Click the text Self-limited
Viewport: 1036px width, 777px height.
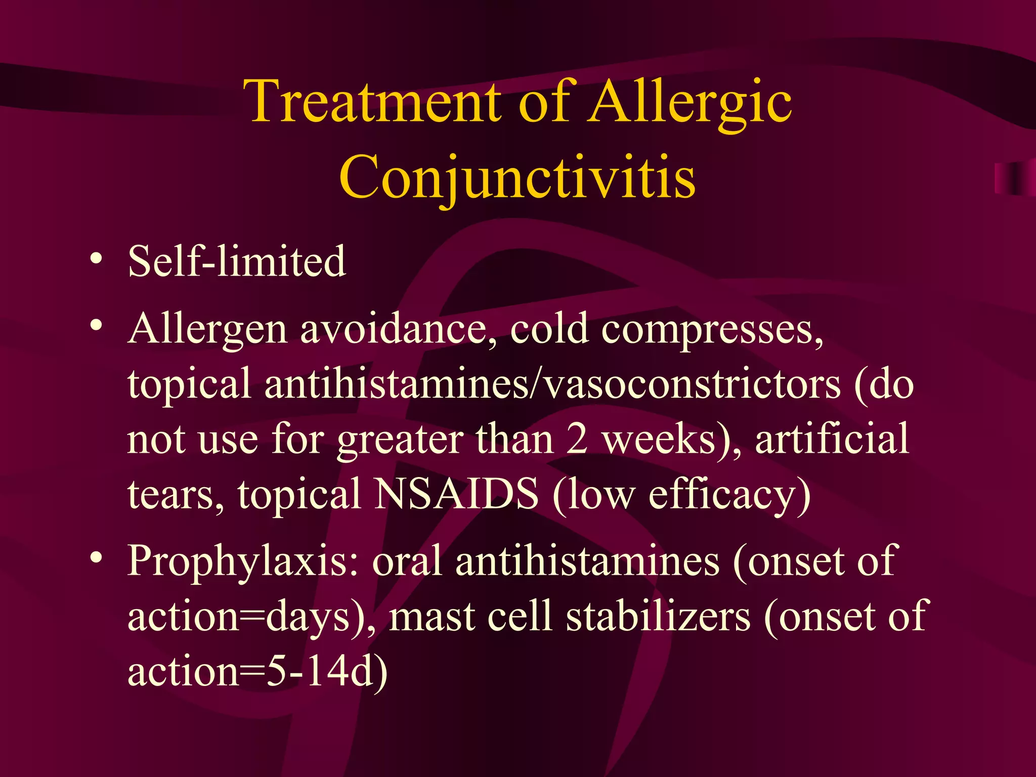coord(237,261)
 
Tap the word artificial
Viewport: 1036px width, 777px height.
coord(832,439)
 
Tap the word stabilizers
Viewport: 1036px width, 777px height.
coord(658,617)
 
